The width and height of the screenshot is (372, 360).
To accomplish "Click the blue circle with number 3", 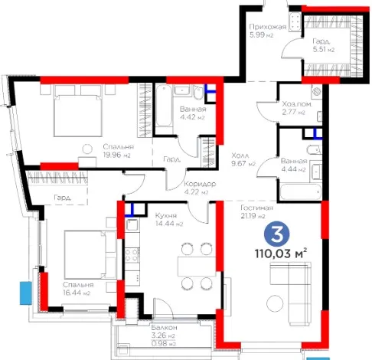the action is point(277,234).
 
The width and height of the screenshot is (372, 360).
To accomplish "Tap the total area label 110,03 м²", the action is point(281,254).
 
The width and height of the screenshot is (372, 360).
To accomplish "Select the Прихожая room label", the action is point(268,27).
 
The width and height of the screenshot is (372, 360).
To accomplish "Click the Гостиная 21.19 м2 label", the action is point(257,212).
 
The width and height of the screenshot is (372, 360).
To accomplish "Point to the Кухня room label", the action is point(166,216).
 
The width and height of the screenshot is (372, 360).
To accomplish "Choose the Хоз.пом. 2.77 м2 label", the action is point(297,108).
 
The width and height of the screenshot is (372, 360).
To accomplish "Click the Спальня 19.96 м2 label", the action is point(119,151).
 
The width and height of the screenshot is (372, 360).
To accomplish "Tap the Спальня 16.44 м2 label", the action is point(78,289).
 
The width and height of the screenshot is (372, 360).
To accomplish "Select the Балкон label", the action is point(164,328).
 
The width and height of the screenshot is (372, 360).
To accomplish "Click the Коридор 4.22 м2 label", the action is point(200,188).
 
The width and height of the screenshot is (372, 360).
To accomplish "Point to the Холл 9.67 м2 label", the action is point(243,159).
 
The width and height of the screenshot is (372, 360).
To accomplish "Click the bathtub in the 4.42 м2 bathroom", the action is point(164,106).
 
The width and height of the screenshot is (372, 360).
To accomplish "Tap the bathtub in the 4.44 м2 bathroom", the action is point(300,191).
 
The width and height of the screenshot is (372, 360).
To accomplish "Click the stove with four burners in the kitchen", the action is point(132,256).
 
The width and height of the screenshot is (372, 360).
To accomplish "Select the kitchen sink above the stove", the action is point(132,225).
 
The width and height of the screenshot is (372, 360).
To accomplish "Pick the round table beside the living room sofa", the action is point(275,303).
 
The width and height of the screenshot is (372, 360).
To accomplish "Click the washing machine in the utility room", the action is point(317,92).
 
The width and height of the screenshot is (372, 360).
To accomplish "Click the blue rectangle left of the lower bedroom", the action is point(26,293).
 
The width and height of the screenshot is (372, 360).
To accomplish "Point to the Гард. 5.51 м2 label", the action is point(324,45).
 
